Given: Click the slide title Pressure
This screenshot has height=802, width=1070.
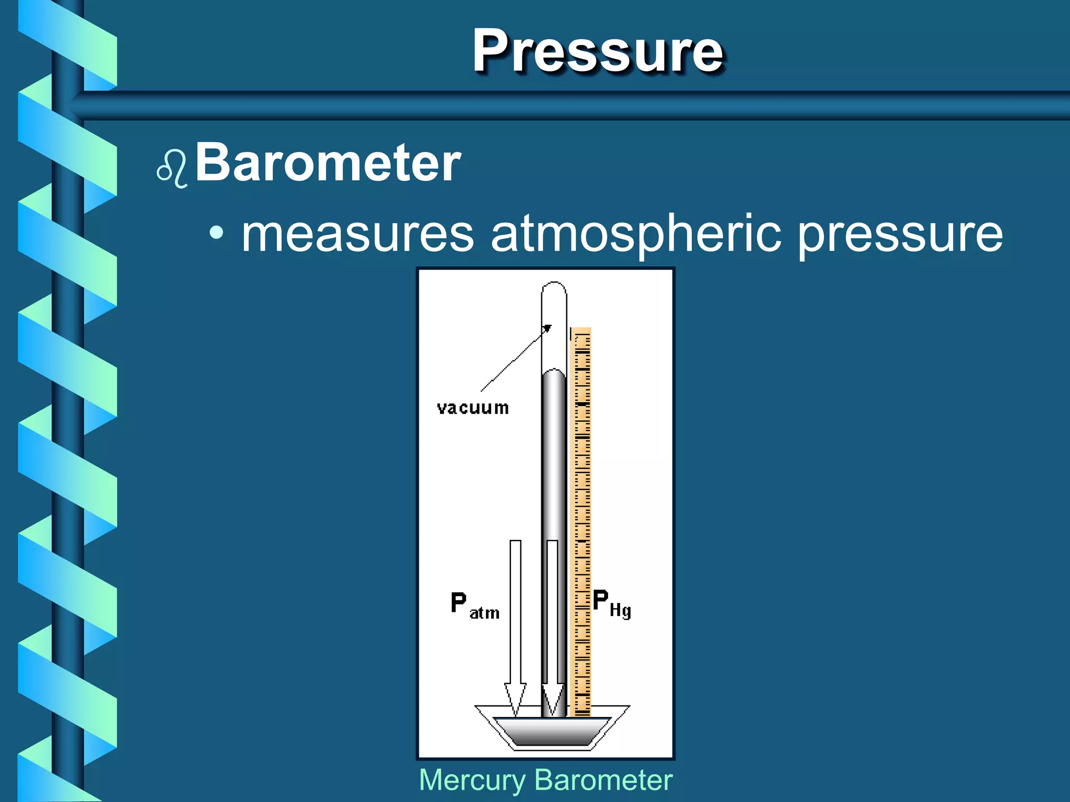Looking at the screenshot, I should pyautogui.click(x=598, y=51).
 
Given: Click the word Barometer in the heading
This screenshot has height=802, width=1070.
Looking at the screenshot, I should pyautogui.click(x=328, y=163).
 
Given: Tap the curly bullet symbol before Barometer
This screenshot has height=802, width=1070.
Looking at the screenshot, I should pyautogui.click(x=172, y=168).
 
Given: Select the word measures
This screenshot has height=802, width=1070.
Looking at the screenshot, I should pyautogui.click(x=357, y=234).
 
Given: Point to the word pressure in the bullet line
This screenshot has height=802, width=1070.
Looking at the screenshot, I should pyautogui.click(x=900, y=235).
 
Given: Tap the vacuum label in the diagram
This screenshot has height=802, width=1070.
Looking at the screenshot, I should pyautogui.click(x=473, y=408).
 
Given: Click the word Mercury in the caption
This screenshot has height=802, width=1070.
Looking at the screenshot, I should pyautogui.click(x=472, y=781).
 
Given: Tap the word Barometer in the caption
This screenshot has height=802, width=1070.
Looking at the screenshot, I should pyautogui.click(x=603, y=781).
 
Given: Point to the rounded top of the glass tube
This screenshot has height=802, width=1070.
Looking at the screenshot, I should pyautogui.click(x=554, y=289).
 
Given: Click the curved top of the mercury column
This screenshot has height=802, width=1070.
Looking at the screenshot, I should pyautogui.click(x=554, y=373).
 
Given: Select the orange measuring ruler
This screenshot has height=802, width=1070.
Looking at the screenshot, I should pyautogui.click(x=582, y=522).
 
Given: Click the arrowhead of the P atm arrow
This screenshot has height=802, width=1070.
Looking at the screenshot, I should pyautogui.click(x=515, y=699).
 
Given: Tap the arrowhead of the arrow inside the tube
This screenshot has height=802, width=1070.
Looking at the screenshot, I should pyautogui.click(x=552, y=699).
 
